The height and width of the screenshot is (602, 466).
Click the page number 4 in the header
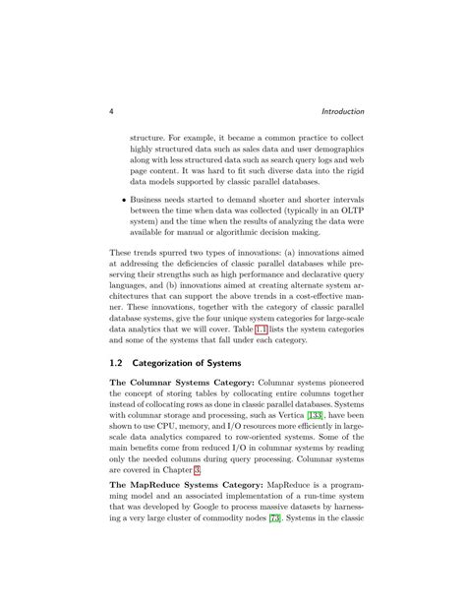tap(110, 111)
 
